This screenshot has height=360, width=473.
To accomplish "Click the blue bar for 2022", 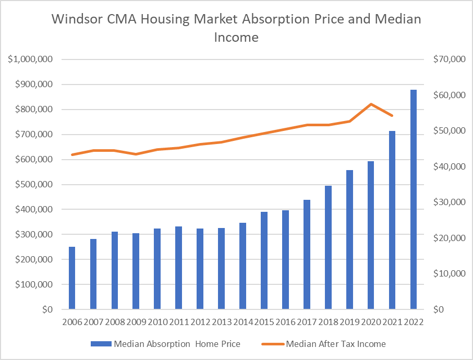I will (414, 200).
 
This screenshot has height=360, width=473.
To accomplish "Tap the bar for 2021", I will (392, 220).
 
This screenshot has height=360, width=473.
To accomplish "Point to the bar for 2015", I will (264, 261).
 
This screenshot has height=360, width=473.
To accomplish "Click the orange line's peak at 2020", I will (370, 104).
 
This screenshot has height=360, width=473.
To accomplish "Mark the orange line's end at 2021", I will (392, 115).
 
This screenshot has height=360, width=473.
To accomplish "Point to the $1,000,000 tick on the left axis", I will (30, 59).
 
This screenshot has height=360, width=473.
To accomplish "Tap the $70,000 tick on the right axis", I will (449, 59).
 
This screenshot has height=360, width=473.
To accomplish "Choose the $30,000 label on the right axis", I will (449, 202).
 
